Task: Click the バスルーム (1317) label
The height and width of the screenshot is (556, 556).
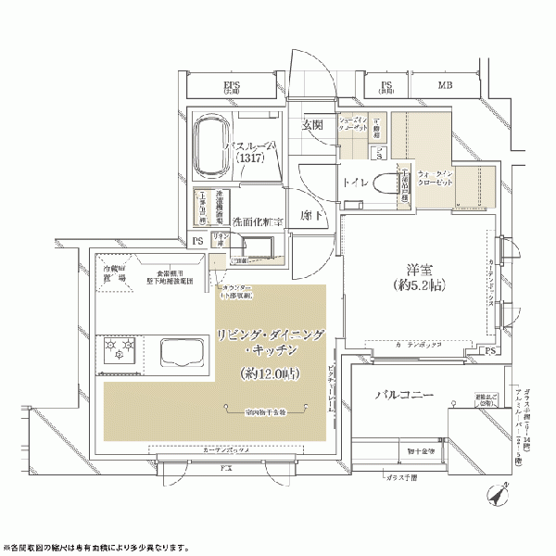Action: [x=248, y=152]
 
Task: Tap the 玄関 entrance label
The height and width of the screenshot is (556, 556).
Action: [x=312, y=125]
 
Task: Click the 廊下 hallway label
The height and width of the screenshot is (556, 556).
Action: [x=311, y=214]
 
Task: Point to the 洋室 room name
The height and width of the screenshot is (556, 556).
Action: [x=412, y=262]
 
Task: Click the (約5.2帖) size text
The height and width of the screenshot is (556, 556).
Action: [x=412, y=282]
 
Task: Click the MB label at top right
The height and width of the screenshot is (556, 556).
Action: [x=445, y=87]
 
